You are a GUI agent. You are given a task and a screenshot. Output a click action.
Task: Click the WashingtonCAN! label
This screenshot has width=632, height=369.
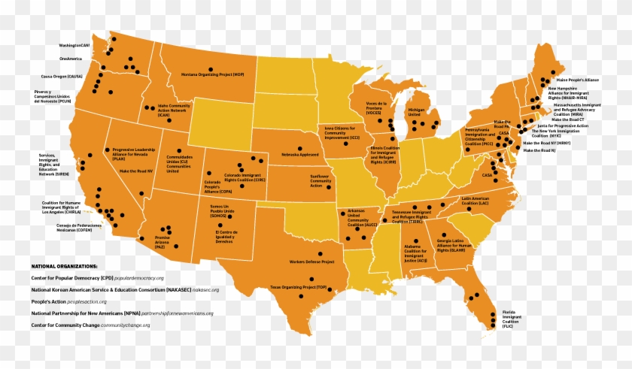74,45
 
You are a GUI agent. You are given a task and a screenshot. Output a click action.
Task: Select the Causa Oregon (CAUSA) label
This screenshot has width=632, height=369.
62,76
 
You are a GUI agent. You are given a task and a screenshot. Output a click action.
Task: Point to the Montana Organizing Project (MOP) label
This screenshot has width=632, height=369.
212,74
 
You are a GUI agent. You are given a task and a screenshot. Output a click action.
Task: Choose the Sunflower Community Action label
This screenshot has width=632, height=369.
321,181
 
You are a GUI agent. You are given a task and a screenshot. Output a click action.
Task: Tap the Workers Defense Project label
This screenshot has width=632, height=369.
311,262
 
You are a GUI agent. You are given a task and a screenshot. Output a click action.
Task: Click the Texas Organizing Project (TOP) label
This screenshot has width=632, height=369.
299,287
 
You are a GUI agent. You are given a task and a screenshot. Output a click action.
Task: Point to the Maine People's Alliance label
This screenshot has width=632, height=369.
578,79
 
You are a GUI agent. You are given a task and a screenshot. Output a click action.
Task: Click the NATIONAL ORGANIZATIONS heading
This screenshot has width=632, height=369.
64,266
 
